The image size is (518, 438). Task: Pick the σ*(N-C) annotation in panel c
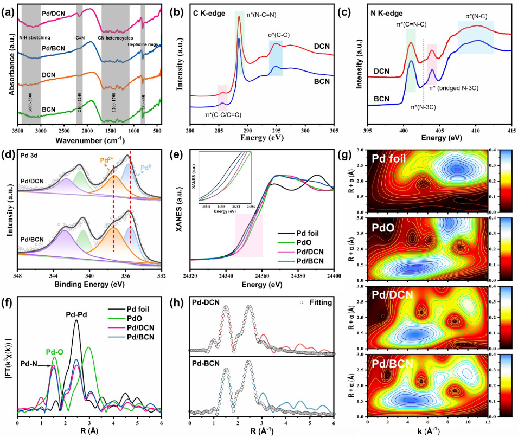pyautogui.click(x=476, y=16)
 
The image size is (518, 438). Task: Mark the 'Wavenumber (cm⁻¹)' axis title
pyautogui.click(x=88, y=138)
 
